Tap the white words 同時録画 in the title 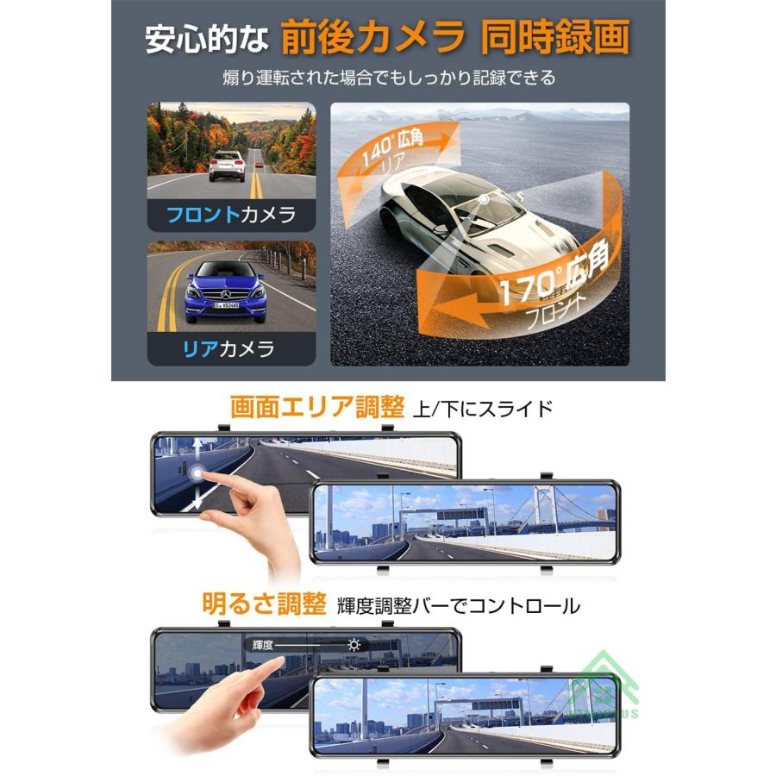click(x=555, y=38)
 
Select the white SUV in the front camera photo click(x=227, y=164)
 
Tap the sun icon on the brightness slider click(x=354, y=644)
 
